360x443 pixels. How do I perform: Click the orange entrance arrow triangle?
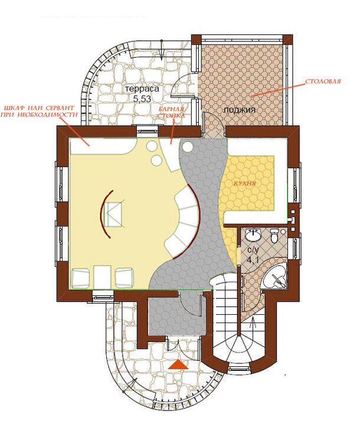pyautogui.click(x=178, y=364)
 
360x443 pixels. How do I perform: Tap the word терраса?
pyautogui.click(x=142, y=89)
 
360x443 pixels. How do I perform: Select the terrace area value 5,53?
pyautogui.click(x=142, y=99)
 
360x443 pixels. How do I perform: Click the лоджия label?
pyautogui.click(x=239, y=110)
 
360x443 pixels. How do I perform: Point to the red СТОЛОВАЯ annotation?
pyautogui.click(x=323, y=82)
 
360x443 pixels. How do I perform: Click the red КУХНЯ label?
pyautogui.click(x=245, y=183)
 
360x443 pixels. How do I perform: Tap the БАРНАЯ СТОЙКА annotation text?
pyautogui.click(x=171, y=112)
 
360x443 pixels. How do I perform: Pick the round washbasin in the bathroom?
pyautogui.click(x=253, y=235)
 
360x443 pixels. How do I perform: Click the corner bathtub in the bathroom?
pyautogui.click(x=274, y=276)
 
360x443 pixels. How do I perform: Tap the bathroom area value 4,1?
pyautogui.click(x=253, y=260)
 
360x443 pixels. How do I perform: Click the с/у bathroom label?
pyautogui.click(x=253, y=250)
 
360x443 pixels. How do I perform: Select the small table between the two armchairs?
pyautogui.click(x=102, y=277)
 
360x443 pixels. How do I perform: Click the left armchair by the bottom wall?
pyautogui.click(x=80, y=278)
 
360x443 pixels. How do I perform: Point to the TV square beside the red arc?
pyautogui.click(x=113, y=214)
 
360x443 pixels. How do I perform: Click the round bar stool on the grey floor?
pyautogui.click(x=187, y=146)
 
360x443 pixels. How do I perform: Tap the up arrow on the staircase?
pyautogui.click(x=253, y=322)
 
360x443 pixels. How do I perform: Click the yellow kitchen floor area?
pyautogui.click(x=248, y=184)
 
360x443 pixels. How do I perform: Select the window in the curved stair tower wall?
pyautogui.click(x=238, y=369)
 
